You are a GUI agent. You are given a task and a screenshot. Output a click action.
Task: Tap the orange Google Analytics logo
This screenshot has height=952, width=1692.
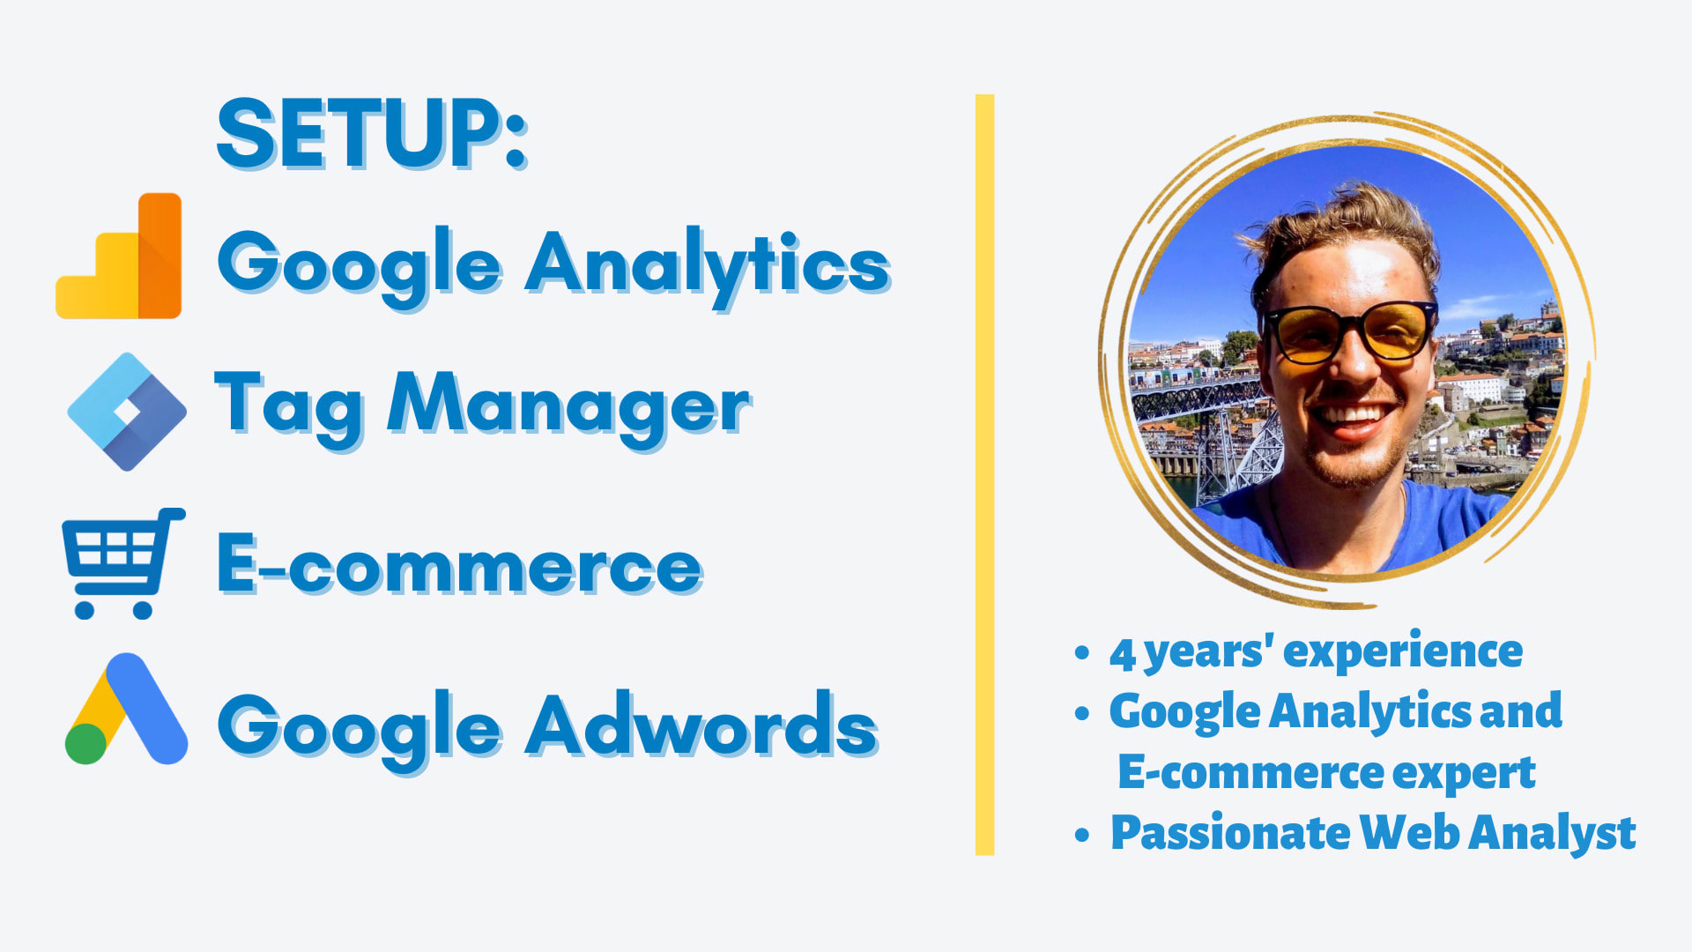[x=118, y=256]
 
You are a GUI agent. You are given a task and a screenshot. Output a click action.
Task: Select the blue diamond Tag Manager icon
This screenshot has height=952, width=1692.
[x=127, y=412]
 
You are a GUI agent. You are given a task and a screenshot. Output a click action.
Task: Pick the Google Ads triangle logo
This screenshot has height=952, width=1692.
[x=126, y=709]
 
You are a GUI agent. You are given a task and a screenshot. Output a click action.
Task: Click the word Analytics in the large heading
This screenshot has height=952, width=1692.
[x=709, y=265]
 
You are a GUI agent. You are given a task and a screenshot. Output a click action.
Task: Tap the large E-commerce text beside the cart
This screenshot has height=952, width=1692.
[x=460, y=565]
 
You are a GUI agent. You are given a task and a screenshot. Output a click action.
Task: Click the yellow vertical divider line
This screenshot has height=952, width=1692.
[x=984, y=474]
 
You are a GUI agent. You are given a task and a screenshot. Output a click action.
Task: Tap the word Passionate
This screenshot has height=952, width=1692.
[x=1229, y=832]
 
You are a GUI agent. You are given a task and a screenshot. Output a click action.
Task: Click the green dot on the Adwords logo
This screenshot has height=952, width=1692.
[x=86, y=743]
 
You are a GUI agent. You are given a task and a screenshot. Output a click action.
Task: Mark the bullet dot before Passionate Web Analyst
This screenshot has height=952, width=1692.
[x=1082, y=834]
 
